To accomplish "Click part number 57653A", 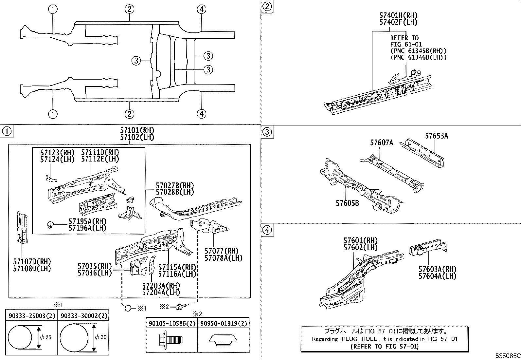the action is tap(437, 136).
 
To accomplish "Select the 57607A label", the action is tap(382, 142).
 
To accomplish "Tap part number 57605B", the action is tap(347, 203).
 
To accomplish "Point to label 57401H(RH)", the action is tap(398, 15).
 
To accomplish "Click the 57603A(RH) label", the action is tap(438, 269).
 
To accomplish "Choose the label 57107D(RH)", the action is tap(32, 262).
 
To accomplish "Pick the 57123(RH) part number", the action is tap(57, 153).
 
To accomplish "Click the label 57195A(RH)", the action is tap(87, 221).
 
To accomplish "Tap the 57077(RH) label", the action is tap(222, 251).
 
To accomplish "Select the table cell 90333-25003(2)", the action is tap(32, 316).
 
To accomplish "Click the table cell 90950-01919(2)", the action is tap(224, 323).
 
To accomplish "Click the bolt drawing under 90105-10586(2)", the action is tap(171, 339).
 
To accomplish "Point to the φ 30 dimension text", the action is tap(101, 337).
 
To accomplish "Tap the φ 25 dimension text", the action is tap(46, 337).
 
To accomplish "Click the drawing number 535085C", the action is tap(508, 356).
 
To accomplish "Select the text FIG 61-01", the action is tap(406, 44).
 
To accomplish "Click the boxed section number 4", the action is tap(267, 230).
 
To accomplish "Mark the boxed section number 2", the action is tap(267, 7).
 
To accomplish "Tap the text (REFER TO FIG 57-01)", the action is tap(385, 347).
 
